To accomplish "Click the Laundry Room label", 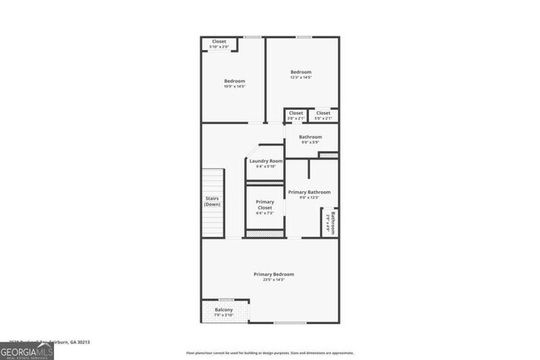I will coord(266,160).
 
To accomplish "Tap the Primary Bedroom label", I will coord(273,274).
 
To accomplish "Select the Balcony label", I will coord(223,310).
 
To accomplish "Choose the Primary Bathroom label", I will coord(309,192).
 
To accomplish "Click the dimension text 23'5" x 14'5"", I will coord(273,280).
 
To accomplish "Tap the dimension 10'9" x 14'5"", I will coord(234,86).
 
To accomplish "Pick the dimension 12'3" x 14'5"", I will coord(301,78).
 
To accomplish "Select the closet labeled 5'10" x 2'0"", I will coord(219,47).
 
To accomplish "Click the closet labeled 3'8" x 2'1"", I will coord(296,118).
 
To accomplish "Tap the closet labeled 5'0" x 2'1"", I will coord(323,118).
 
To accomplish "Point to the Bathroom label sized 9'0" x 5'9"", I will coord(311,141).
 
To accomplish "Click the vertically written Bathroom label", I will coord(334,223).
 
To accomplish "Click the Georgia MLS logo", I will coord(29,351).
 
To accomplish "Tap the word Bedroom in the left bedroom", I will coord(234,81).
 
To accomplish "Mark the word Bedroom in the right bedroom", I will coord(301,72).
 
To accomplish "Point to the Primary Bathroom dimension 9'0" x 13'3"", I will coord(309,198).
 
